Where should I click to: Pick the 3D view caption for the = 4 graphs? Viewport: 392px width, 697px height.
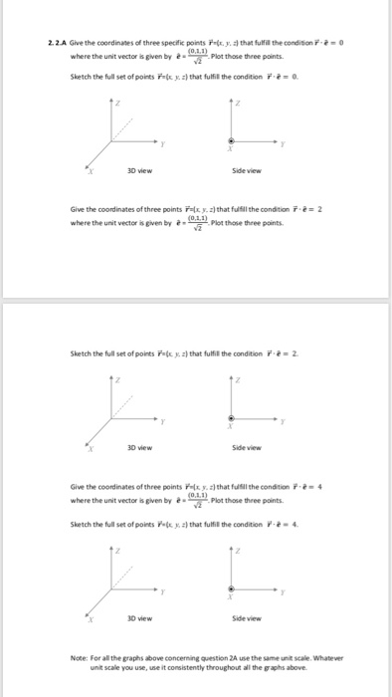(138, 618)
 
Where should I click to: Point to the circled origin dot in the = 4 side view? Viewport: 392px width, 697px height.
(232, 589)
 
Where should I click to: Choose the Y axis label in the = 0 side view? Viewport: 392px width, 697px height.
(284, 144)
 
